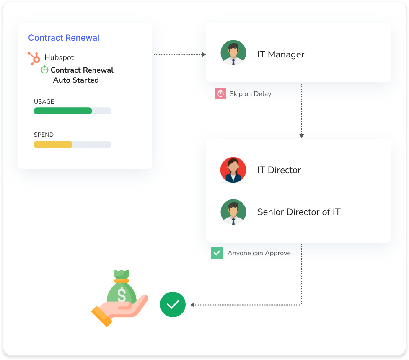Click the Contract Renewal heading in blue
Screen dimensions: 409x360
pyautogui.click(x=64, y=38)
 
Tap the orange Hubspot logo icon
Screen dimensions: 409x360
pyautogui.click(x=34, y=58)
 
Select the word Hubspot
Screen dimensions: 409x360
pyautogui.click(x=59, y=57)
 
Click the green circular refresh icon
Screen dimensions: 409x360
pyautogui.click(x=44, y=70)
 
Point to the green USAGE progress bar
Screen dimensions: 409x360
pyautogui.click(x=63, y=111)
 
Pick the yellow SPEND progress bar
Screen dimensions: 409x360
pyautogui.click(x=53, y=145)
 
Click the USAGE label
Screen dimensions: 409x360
pyautogui.click(x=44, y=101)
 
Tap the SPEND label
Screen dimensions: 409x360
pyautogui.click(x=44, y=135)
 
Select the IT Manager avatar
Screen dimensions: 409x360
pyautogui.click(x=233, y=53)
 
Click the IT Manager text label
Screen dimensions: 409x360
pyautogui.click(x=281, y=54)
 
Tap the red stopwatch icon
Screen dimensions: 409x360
pyautogui.click(x=220, y=93)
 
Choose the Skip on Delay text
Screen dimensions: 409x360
pyautogui.click(x=250, y=94)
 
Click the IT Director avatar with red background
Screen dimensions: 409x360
pyautogui.click(x=233, y=170)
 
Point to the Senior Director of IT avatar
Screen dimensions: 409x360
pyautogui.click(x=233, y=212)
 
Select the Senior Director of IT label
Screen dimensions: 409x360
pyautogui.click(x=299, y=212)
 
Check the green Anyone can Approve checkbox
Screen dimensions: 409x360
pyautogui.click(x=217, y=253)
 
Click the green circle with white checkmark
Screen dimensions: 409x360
pyautogui.click(x=173, y=304)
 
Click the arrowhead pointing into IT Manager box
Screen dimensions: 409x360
pyautogui.click(x=204, y=54)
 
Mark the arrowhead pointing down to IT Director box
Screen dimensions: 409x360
pyautogui.click(x=302, y=136)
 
